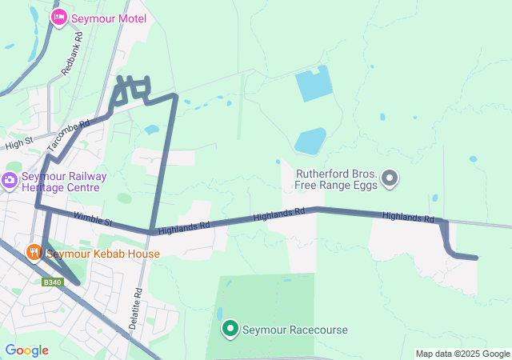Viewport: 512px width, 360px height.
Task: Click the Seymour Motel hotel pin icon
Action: [58, 17]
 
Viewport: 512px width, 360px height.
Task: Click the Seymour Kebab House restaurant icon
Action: [34, 253]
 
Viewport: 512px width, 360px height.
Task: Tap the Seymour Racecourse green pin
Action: [230, 328]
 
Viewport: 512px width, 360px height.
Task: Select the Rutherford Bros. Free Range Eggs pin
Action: [390, 178]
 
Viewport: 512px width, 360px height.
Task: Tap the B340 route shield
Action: [53, 282]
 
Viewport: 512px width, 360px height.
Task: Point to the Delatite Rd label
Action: [138, 304]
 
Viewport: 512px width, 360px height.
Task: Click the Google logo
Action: [26, 350]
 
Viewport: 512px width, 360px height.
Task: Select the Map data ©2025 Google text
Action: [462, 354]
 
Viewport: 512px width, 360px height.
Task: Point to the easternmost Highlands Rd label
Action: [407, 217]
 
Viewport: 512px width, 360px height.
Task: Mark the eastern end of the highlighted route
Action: [477, 258]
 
